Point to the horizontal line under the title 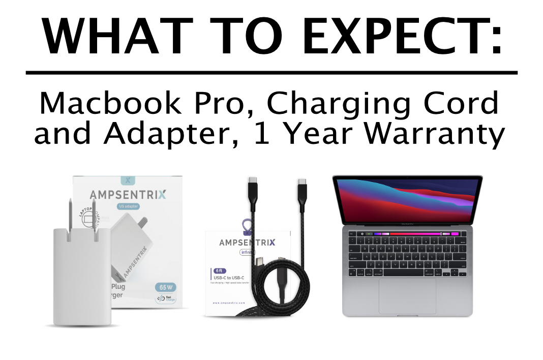click(271, 73)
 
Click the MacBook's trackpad click(407, 295)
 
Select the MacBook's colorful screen click(407, 199)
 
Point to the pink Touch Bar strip click(411, 234)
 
